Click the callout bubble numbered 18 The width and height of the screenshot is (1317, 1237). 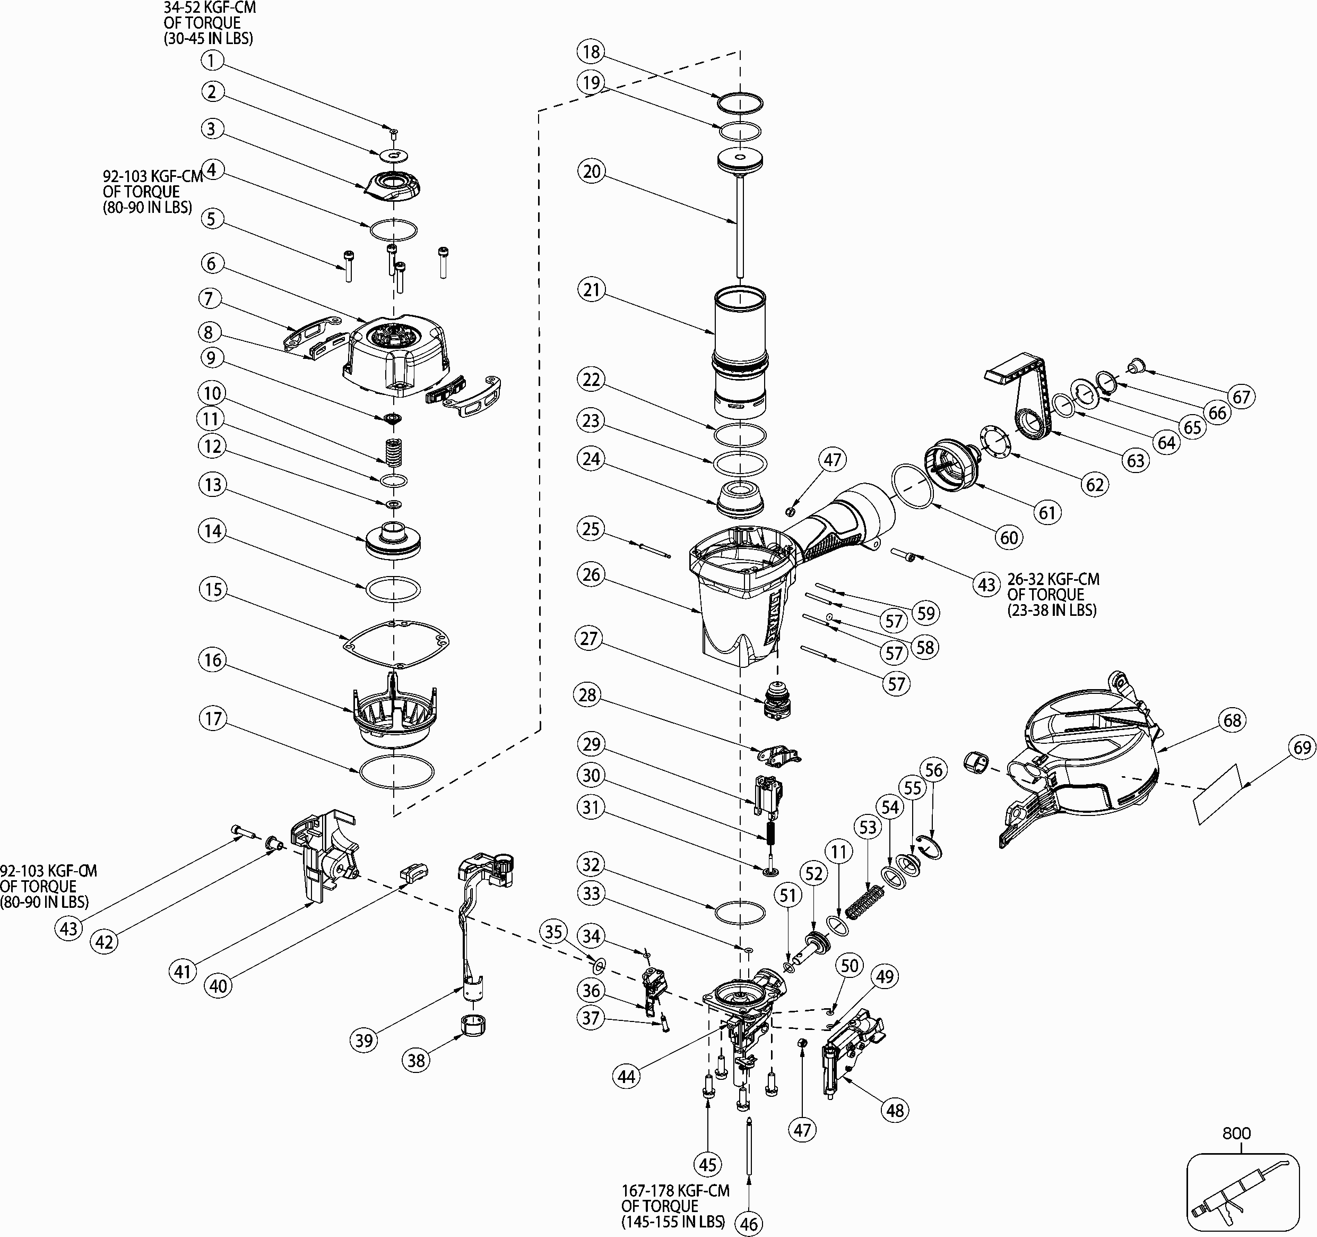tap(591, 51)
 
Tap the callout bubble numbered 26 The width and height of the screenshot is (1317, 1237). tap(591, 575)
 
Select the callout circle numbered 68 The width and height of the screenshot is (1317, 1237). tap(1232, 720)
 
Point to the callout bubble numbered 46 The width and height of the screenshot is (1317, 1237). tap(749, 1224)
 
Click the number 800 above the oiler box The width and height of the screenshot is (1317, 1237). tap(1236, 1133)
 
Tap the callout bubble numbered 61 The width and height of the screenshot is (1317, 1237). tap(1047, 512)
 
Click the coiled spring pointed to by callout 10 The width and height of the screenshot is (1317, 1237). tap(394, 452)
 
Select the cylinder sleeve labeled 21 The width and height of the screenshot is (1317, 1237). tap(740, 351)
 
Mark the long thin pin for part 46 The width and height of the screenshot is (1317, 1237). tap(749, 1147)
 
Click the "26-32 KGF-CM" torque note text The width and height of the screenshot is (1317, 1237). tap(1053, 579)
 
